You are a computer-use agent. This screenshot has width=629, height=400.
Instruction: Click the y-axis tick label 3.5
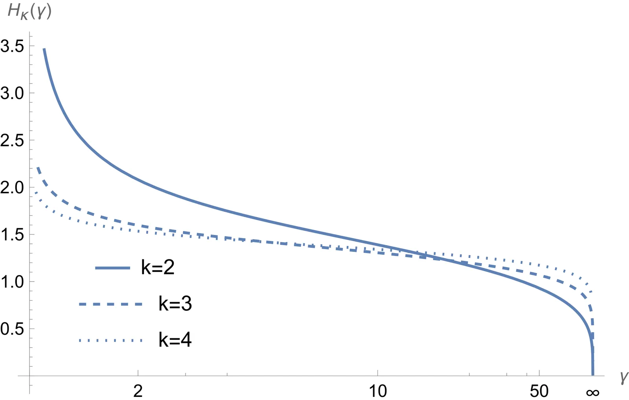[12, 46]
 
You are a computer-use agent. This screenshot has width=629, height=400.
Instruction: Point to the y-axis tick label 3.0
[12, 93]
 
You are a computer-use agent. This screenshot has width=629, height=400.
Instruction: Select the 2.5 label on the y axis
[12, 140]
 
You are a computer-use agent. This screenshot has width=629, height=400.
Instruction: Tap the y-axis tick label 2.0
[12, 187]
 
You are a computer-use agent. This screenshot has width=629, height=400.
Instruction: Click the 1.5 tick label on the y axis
[12, 235]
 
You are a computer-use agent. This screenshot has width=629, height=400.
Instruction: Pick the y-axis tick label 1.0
[12, 282]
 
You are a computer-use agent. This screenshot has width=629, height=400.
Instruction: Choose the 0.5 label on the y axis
[12, 329]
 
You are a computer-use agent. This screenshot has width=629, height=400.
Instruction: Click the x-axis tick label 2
[138, 391]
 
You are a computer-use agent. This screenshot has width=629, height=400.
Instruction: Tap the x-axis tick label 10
[377, 391]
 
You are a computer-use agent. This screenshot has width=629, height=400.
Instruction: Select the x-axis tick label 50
[539, 391]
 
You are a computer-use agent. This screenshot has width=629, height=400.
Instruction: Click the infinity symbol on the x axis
[592, 392]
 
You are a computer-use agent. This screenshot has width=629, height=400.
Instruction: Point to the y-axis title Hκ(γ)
[29, 12]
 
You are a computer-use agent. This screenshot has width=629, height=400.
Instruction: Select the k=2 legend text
[158, 268]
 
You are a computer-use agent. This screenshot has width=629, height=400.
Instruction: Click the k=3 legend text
[175, 304]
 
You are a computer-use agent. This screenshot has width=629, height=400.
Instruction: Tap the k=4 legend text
[175, 340]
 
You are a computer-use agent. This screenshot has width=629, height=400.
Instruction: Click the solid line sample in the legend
[112, 268]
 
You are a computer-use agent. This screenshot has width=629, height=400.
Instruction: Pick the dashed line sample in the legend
[110, 304]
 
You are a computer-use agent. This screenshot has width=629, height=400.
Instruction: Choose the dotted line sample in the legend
[110, 340]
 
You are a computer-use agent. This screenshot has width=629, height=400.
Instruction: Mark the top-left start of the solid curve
[44, 49]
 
